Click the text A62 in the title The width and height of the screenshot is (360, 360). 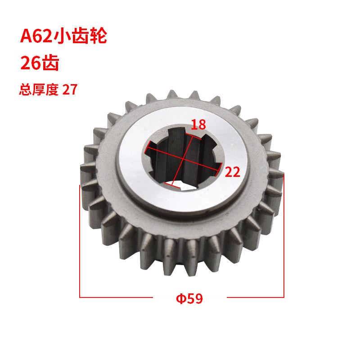36,36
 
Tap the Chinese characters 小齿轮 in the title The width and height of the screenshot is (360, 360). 80,36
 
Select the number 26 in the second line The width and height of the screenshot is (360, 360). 30,63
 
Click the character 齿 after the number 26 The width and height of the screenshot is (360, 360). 50,63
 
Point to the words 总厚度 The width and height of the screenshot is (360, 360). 39,89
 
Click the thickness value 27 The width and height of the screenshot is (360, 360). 70,90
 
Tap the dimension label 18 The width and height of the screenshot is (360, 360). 198,125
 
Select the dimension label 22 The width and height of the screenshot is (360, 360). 232,172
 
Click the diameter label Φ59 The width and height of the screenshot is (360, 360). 189,298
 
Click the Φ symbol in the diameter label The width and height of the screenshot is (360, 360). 181,298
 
